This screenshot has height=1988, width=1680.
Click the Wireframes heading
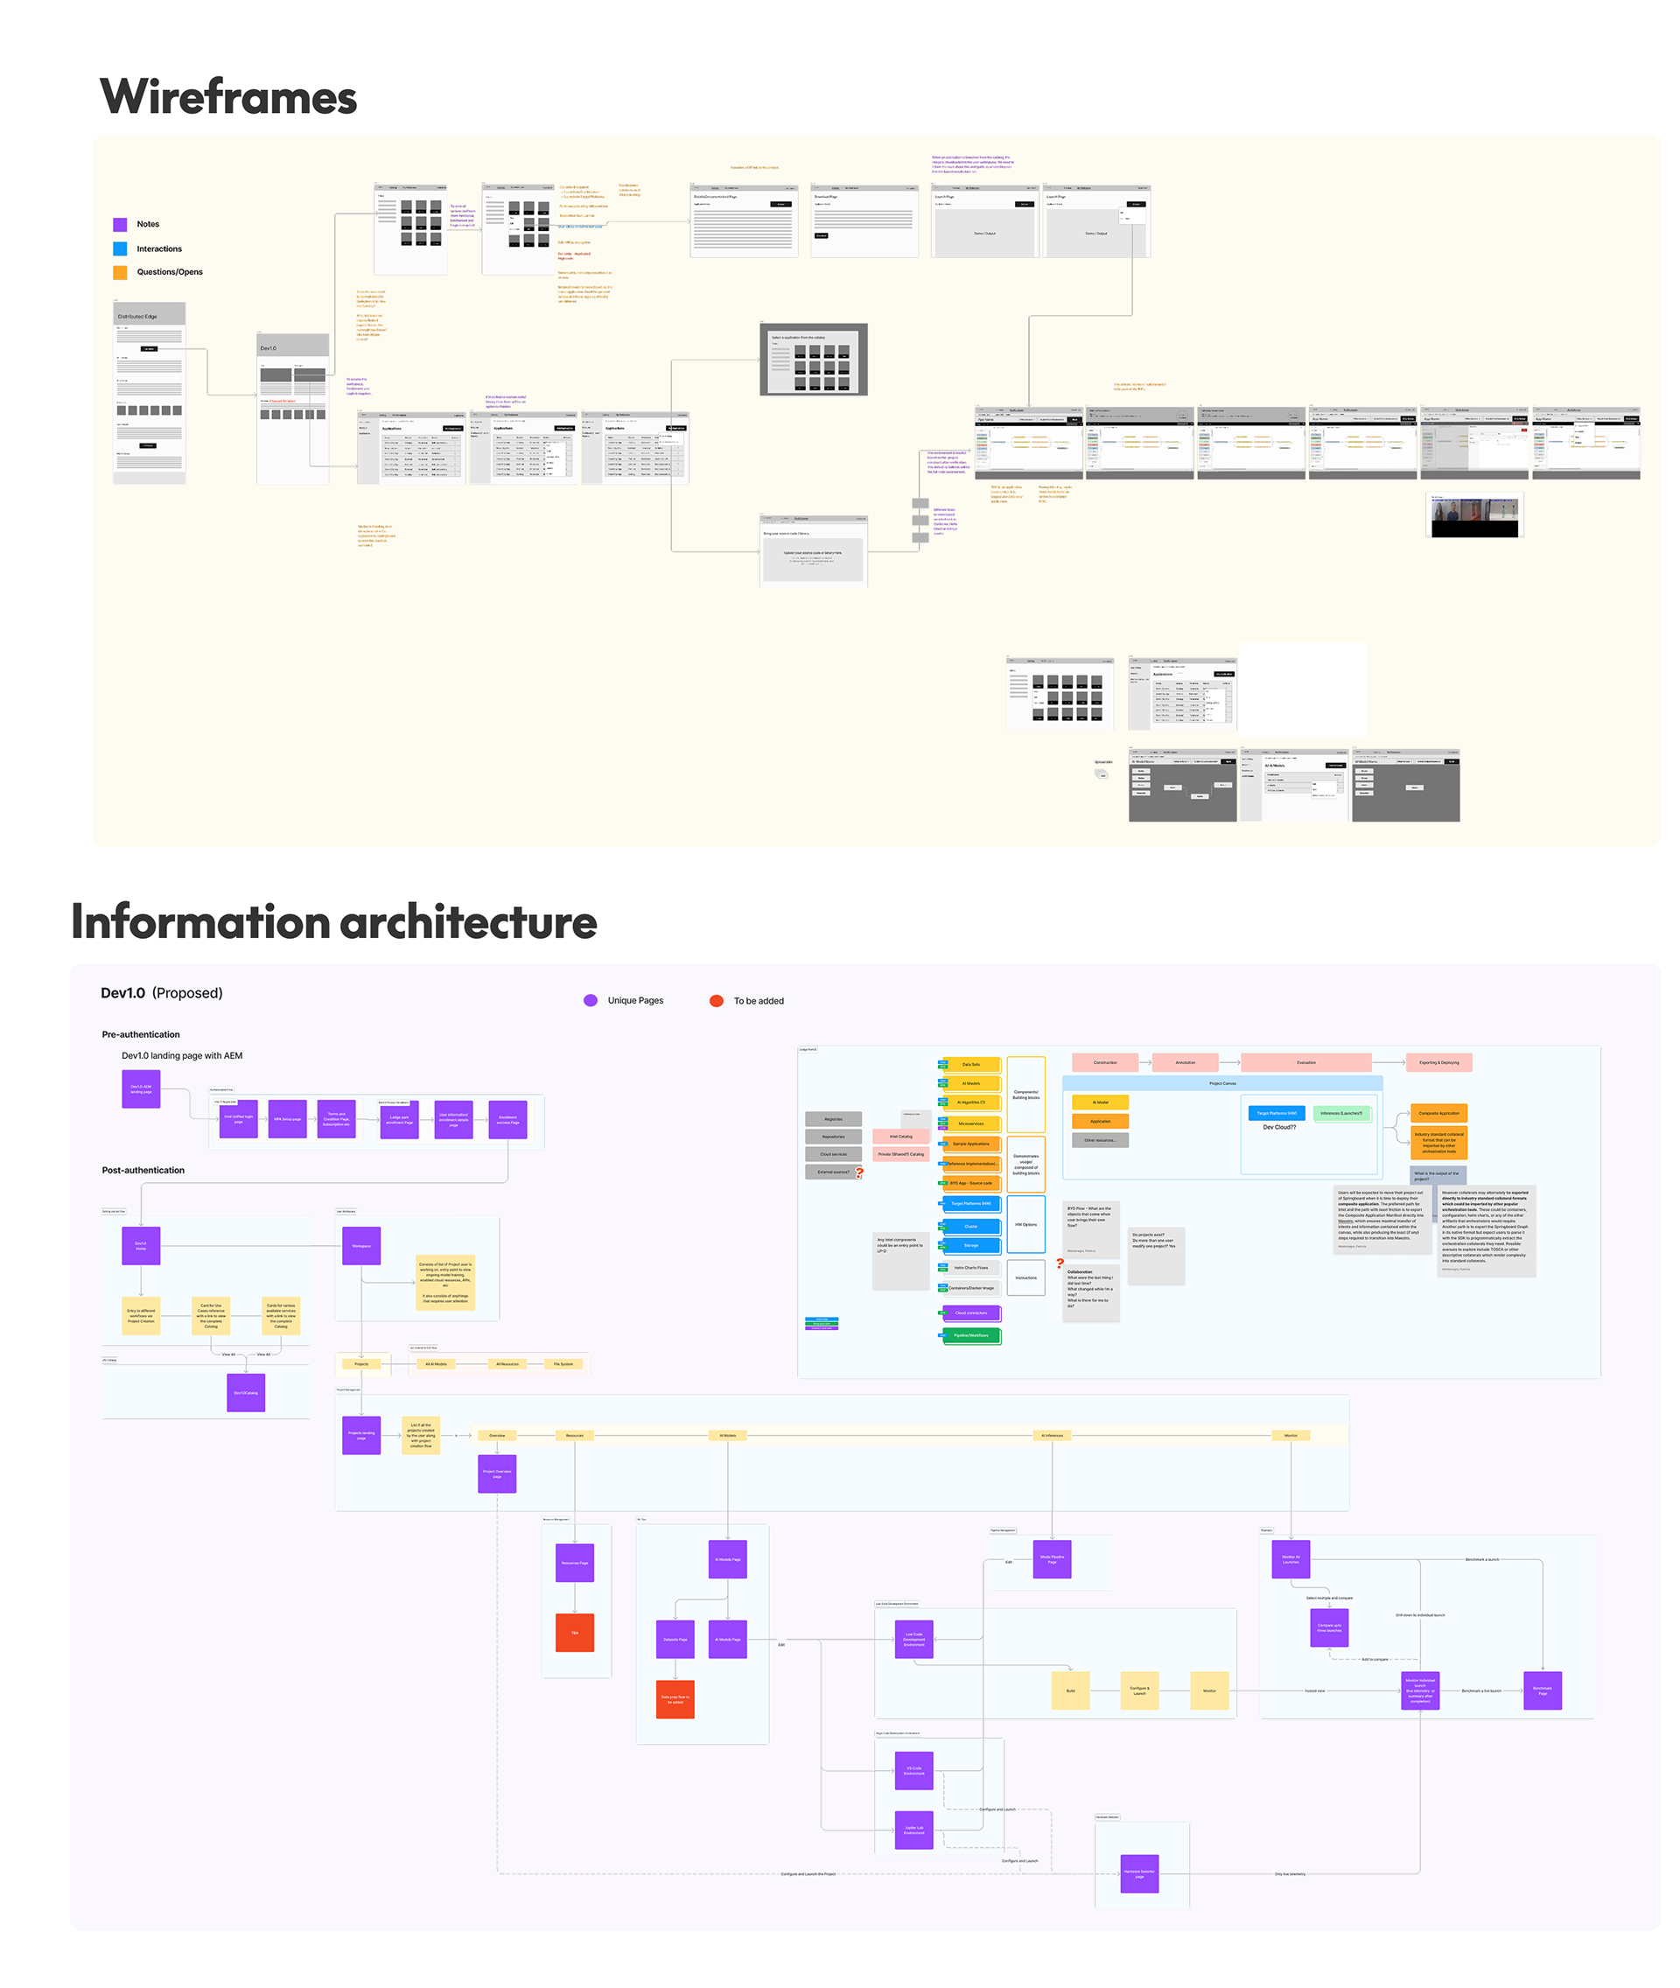pyautogui.click(x=228, y=97)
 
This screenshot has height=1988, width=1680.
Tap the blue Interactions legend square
pyautogui.click(x=120, y=248)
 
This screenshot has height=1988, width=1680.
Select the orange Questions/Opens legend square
pyautogui.click(x=120, y=272)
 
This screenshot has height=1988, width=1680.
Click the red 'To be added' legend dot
pyautogui.click(x=717, y=1000)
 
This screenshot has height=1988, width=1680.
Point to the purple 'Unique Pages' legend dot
pyautogui.click(x=591, y=1000)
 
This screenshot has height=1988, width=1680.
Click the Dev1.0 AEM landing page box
pyautogui.click(x=141, y=1088)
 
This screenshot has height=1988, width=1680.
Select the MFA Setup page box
pyautogui.click(x=288, y=1119)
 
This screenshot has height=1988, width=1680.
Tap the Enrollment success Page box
pyautogui.click(x=507, y=1119)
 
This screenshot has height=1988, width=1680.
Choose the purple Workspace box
pyautogui.click(x=361, y=1246)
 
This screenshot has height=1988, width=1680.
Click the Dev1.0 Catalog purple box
pyautogui.click(x=246, y=1393)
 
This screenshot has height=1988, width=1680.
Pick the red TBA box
pyautogui.click(x=574, y=1633)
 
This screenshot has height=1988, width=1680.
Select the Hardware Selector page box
pyautogui.click(x=1139, y=1873)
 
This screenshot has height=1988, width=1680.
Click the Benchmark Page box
pyautogui.click(x=1542, y=1690)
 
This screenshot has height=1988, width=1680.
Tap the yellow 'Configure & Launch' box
pyautogui.click(x=1139, y=1690)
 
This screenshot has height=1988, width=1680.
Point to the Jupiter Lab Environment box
pyautogui.click(x=913, y=1830)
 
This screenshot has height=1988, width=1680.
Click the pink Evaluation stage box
pyautogui.click(x=1305, y=1062)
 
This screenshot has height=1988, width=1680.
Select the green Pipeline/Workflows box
pyautogui.click(x=970, y=1335)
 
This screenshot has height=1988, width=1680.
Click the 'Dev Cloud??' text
pyautogui.click(x=1279, y=1127)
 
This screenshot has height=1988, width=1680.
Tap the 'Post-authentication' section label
pyautogui.click(x=143, y=1170)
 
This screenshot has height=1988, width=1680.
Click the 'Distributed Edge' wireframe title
pyautogui.click(x=137, y=316)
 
